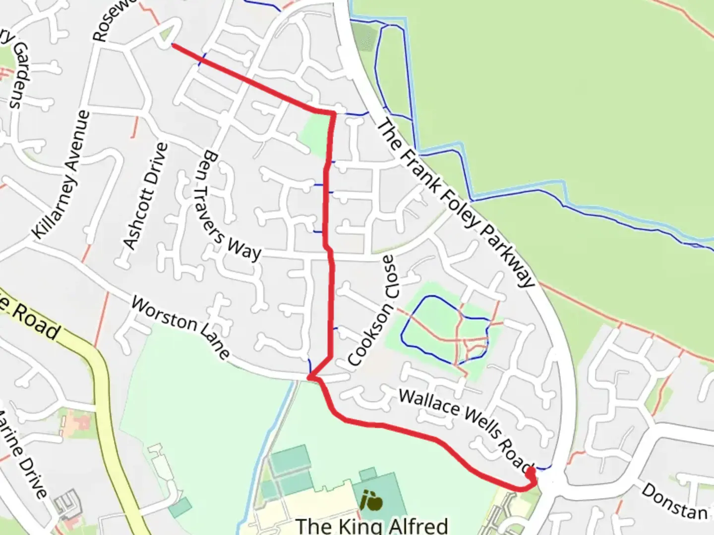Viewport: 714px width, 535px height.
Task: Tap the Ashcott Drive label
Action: tap(145, 196)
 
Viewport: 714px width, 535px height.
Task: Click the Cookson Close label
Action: tap(372, 310)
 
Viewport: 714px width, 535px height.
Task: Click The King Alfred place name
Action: tap(371, 525)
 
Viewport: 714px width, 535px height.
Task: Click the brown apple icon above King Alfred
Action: tap(372, 500)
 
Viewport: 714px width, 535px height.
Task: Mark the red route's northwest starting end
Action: tap(172, 45)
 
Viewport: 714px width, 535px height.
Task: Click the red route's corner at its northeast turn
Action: tap(334, 114)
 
